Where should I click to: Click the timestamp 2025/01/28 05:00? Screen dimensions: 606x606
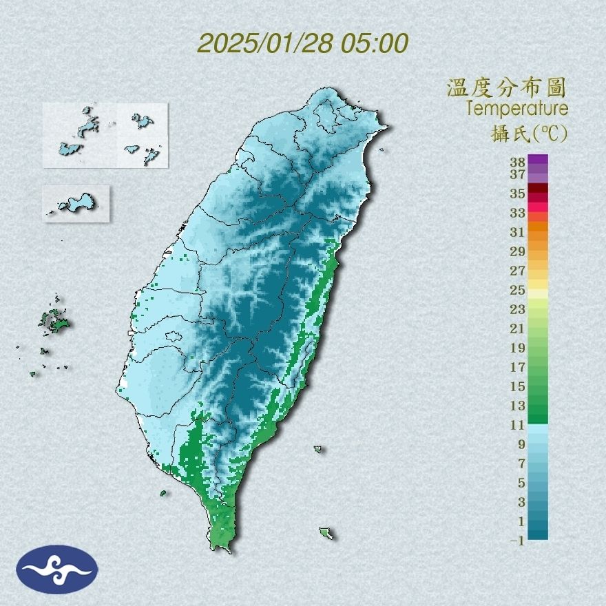point(303,43)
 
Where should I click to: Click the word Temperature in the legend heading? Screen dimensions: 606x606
point(516,109)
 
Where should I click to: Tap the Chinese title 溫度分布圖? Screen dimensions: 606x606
point(506,87)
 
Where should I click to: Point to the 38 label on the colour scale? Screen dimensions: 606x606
point(518,163)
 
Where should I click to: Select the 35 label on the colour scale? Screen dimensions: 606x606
point(518,194)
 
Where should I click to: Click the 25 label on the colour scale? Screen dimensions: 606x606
point(518,290)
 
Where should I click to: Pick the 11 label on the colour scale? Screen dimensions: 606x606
point(518,425)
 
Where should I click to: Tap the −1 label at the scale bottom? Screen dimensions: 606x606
point(517,541)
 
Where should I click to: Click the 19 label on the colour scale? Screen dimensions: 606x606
point(518,348)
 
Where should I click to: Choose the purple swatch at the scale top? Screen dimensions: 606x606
point(539,160)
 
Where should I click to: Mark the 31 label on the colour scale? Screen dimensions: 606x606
point(518,232)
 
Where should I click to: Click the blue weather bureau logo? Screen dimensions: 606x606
point(58,569)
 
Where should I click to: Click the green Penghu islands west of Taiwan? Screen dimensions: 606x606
point(54,320)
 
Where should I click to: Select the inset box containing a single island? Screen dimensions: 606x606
point(76,203)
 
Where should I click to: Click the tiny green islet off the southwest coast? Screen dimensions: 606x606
point(163,493)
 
